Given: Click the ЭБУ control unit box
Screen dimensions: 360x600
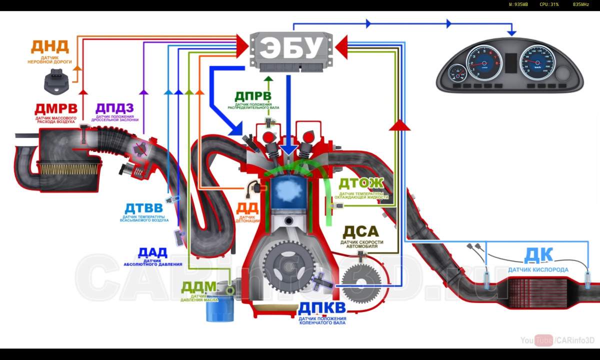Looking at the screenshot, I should (x=292, y=48).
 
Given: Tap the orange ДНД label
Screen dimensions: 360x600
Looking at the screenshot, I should (x=50, y=46).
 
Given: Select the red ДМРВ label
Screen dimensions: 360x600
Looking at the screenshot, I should (x=56, y=108).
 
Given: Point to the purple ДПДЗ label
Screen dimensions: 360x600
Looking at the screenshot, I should (x=114, y=108).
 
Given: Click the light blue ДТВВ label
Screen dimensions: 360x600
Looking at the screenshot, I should (x=144, y=207).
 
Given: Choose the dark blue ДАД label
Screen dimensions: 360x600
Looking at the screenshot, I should (x=152, y=252).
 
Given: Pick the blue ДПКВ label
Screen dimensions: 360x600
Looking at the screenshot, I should (x=322, y=307).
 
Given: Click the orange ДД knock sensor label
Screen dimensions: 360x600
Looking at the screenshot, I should (x=247, y=208).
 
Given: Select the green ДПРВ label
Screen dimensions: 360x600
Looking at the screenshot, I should (x=253, y=96).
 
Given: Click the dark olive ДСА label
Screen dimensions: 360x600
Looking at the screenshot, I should (x=361, y=232).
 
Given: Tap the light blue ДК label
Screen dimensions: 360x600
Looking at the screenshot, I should (x=538, y=255).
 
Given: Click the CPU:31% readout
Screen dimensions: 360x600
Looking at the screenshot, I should (x=549, y=4).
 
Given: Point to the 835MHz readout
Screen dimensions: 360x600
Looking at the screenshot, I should (x=580, y=4).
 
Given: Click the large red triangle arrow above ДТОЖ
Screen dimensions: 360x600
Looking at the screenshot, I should (x=399, y=124).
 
